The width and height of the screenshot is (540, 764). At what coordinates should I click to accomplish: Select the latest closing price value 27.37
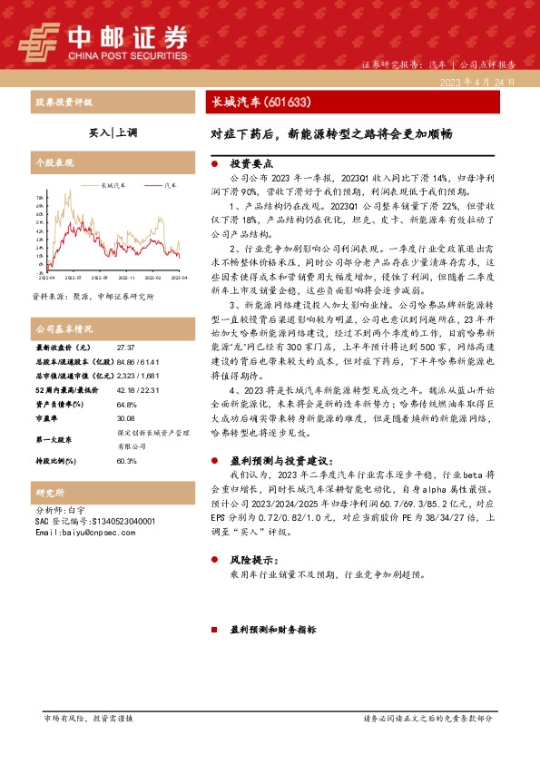click(125, 348)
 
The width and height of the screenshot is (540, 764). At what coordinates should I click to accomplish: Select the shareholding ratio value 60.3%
click(127, 461)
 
